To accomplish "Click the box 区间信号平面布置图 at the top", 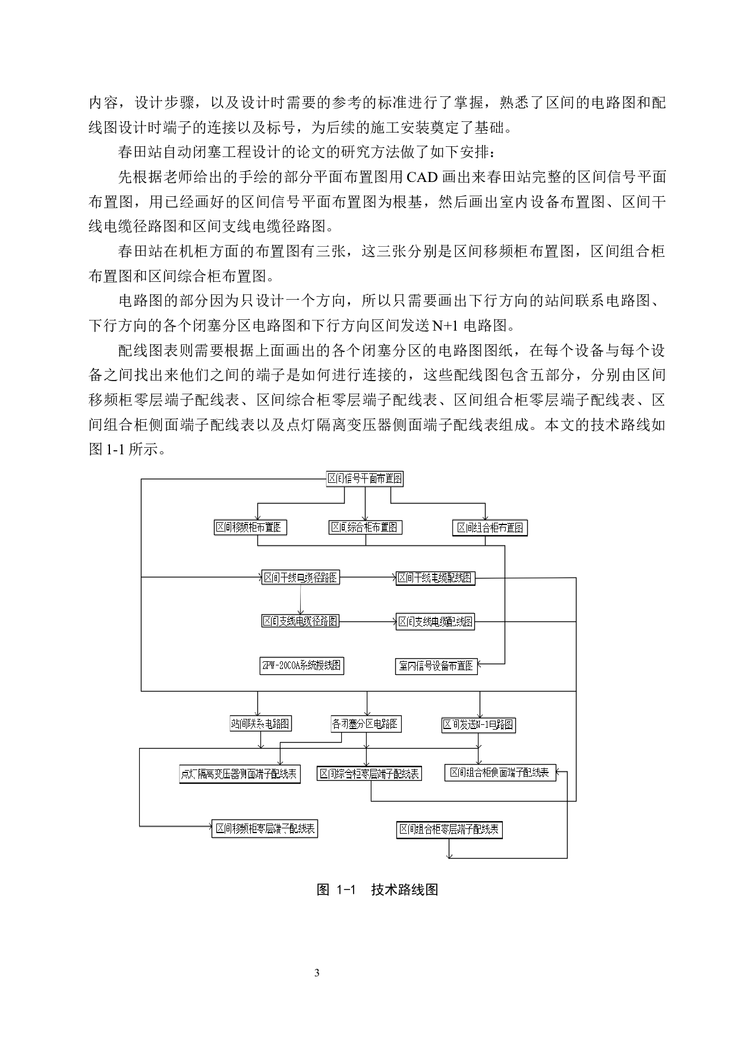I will tap(365, 479).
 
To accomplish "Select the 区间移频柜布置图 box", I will tap(250, 527).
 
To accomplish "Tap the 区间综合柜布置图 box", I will tap(366, 527).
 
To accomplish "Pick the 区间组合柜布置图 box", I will tap(490, 528).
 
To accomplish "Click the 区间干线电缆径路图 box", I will tap(301, 577).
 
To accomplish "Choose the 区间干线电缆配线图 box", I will tap(436, 578).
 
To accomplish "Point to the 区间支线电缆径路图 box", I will tap(301, 621).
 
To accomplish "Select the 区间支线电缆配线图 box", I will tap(436, 622).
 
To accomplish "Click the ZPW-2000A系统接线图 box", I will tap(301, 665).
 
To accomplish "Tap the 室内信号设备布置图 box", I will tap(436, 666).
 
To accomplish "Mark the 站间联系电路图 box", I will tap(261, 724).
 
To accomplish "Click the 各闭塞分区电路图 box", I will tap(366, 724).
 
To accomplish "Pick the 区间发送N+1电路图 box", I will tap(478, 724).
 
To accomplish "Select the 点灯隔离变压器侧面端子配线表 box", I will tap(240, 774).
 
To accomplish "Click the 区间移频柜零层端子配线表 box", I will tap(265, 829).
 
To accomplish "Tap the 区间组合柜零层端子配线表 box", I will tap(450, 830).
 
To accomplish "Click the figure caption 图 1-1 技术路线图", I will tap(377, 890).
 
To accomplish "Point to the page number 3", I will tap(316, 973).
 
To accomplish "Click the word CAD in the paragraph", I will tap(423, 177).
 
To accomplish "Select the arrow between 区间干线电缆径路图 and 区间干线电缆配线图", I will tap(368, 577).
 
